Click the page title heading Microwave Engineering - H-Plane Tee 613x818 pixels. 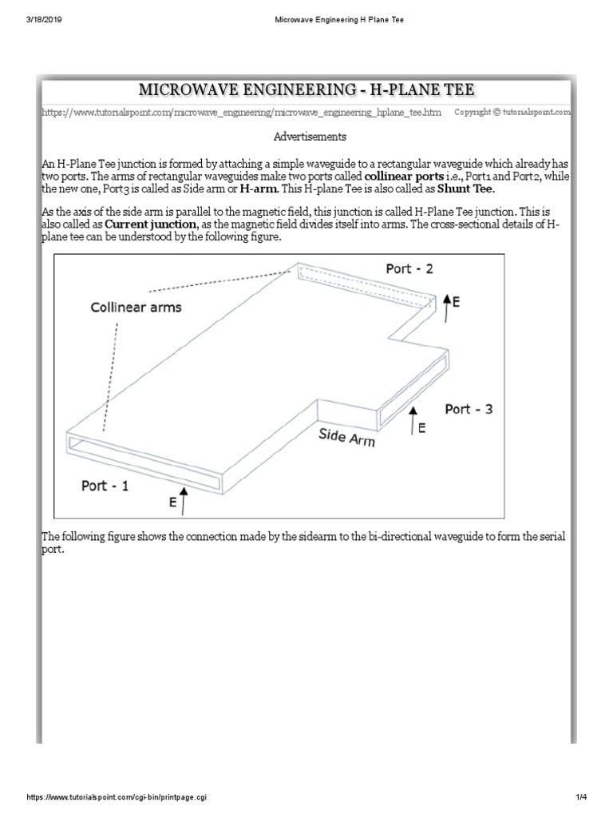tap(306, 90)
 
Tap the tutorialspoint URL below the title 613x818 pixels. tap(241, 113)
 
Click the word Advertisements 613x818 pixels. tap(310, 137)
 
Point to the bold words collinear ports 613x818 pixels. tap(406, 176)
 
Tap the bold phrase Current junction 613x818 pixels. tap(149, 226)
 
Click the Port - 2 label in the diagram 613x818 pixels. tap(409, 269)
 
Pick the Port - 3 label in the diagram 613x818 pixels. tap(469, 409)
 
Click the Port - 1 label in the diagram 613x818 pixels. tap(105, 485)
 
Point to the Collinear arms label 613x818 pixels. tap(136, 308)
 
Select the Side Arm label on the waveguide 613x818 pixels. tap(346, 437)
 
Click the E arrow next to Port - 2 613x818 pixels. tap(447, 303)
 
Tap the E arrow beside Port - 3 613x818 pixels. tap(413, 421)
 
